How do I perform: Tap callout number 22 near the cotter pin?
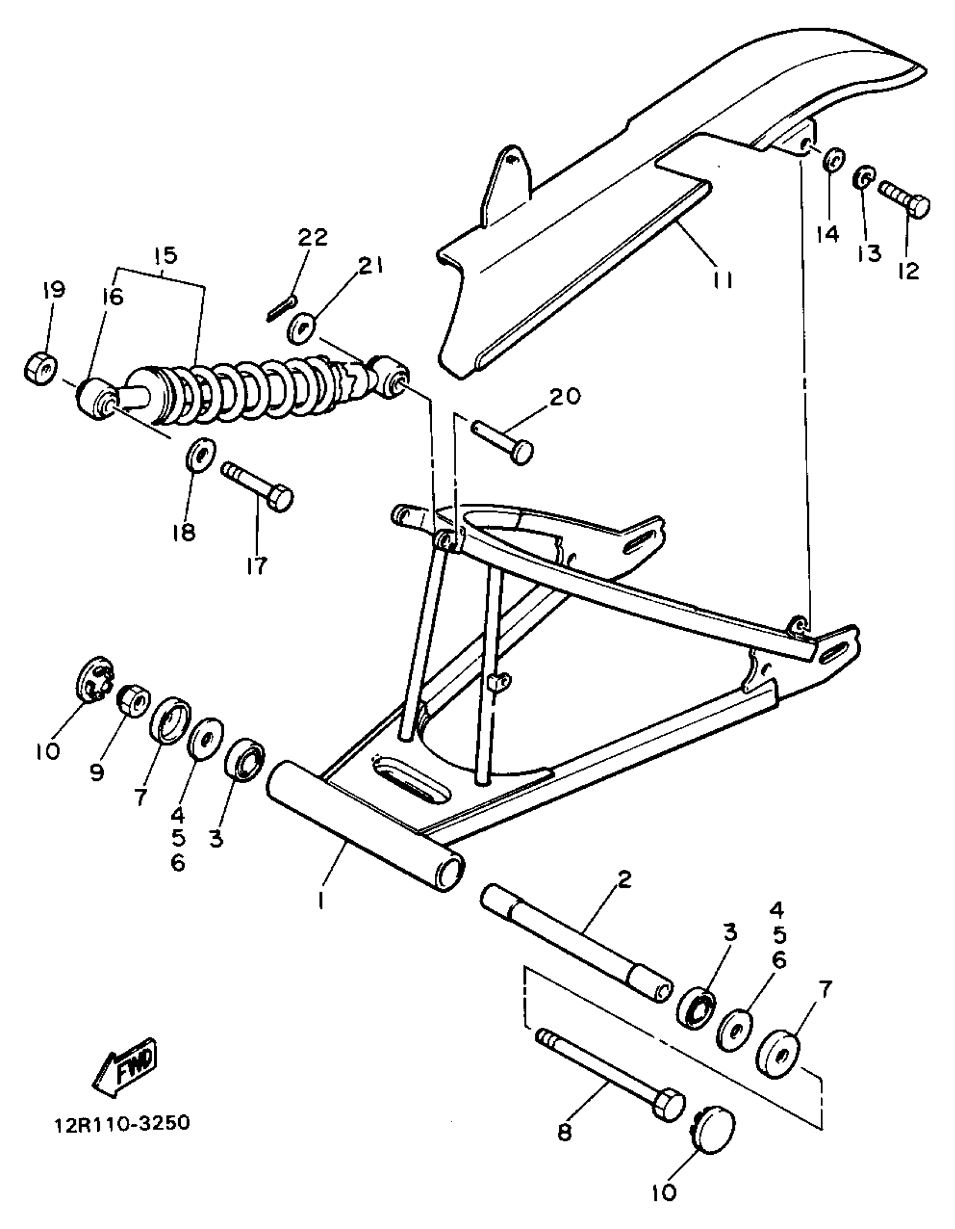312,237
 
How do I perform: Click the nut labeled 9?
133,699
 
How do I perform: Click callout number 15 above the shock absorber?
164,255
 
